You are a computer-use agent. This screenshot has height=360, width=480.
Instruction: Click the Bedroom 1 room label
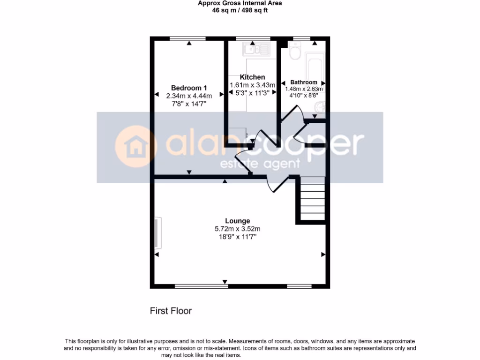coord(189,88)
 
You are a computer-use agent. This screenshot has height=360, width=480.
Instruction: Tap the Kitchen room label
coord(252,77)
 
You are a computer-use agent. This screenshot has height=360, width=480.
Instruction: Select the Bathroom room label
coord(303,82)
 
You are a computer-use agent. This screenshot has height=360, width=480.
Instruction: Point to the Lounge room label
coord(237,221)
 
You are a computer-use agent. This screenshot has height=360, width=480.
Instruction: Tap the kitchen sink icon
coord(255,48)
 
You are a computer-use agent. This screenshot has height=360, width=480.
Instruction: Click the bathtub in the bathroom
coord(314,66)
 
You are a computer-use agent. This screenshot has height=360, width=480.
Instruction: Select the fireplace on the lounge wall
coord(157,232)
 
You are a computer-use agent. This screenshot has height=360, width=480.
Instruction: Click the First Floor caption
coord(171,310)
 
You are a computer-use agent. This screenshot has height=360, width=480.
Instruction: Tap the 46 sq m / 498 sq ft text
coord(240,10)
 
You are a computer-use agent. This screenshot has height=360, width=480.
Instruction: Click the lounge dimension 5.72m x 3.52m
coord(237,229)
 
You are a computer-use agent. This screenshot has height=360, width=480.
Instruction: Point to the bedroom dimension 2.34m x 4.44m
coord(189,96)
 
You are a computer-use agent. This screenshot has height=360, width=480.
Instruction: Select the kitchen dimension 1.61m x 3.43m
coord(252,85)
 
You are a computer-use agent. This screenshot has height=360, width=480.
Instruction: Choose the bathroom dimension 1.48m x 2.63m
coord(304,89)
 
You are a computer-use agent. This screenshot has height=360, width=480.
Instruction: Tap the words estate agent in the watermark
coord(260,164)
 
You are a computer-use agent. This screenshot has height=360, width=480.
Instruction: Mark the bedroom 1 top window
coord(183,39)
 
